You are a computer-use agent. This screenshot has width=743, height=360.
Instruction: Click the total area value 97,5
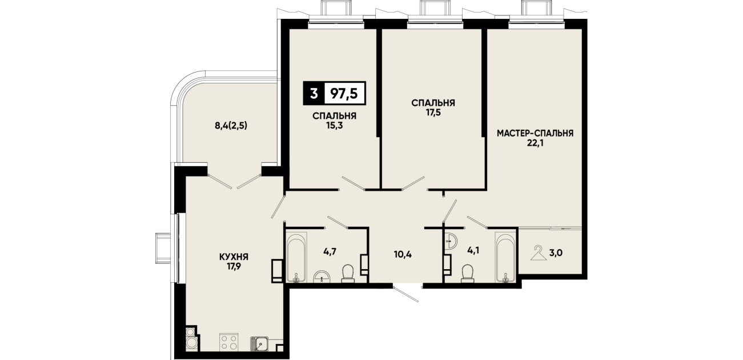[344, 94]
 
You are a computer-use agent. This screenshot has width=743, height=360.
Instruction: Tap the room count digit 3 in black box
[314, 94]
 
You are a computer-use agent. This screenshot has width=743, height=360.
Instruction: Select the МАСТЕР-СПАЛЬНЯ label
[535, 133]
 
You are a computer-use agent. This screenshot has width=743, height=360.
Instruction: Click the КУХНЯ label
[234, 257]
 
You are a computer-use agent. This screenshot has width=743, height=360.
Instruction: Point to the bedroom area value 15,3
[334, 126]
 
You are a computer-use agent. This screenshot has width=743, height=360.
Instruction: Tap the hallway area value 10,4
[403, 255]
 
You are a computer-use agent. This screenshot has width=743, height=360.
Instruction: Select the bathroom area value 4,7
[330, 251]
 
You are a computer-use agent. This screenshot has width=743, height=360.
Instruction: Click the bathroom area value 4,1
[473, 250]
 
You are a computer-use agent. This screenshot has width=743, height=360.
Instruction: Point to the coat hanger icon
[539, 253]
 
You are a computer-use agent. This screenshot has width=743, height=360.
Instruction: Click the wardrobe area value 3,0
[556, 253]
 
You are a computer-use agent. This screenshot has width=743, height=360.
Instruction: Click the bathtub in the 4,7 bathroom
[296, 258]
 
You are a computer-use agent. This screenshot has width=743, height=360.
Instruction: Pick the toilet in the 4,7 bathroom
[348, 273]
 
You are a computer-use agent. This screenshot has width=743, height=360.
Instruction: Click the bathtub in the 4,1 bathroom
[505, 258]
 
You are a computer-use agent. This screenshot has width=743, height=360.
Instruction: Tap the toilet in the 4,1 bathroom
[468, 273]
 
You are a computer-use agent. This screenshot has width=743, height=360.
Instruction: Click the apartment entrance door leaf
[406, 293]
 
